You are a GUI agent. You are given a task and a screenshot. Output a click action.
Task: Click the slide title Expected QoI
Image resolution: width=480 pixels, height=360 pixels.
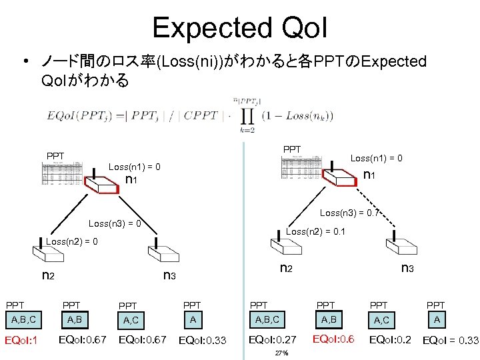pos(239,27)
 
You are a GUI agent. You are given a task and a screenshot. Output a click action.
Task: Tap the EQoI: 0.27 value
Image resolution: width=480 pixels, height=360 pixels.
pos(272,340)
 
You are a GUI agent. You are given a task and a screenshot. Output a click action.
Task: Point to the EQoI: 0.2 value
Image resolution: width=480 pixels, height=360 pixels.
pos(391,340)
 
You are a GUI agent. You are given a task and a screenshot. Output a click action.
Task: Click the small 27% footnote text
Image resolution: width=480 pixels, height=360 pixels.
pos(281,353)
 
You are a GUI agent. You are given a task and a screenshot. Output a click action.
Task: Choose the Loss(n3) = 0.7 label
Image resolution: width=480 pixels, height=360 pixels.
pos(349,213)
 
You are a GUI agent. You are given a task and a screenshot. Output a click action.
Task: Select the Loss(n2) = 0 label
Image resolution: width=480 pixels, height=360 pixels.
pos(71,241)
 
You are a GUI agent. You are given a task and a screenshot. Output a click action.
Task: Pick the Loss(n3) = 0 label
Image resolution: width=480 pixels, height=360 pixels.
pos(115,223)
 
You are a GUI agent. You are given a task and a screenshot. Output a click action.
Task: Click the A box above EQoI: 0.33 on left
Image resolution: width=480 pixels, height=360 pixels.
pos(193,319)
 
